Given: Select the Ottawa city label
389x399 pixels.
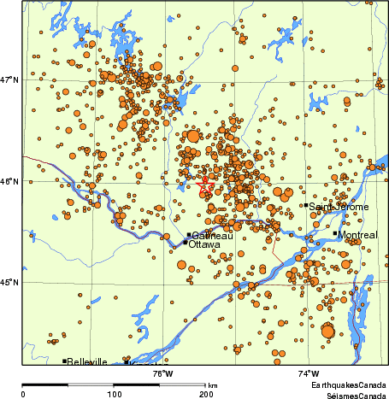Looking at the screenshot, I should pyautogui.click(x=203, y=244).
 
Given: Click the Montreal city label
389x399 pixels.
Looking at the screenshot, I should pyautogui.click(x=357, y=234).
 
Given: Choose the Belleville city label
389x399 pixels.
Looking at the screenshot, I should pyautogui.click(x=87, y=361).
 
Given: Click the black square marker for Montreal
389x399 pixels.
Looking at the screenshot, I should pyautogui.click(x=335, y=232).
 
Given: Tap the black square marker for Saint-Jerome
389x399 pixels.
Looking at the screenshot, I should pyautogui.click(x=305, y=205).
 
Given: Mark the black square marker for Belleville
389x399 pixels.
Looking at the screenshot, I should pyautogui.click(x=64, y=361).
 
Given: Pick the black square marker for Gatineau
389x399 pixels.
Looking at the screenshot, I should pyautogui.click(x=189, y=234).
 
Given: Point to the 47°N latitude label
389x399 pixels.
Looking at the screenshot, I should pyautogui.click(x=9, y=80).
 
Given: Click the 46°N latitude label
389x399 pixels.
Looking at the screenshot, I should pyautogui.click(x=9, y=181).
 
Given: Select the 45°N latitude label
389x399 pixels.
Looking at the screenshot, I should pyautogui.click(x=9, y=283).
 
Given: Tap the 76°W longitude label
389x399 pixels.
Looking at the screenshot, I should pyautogui.click(x=162, y=373).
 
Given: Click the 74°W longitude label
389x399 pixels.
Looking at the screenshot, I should pyautogui.click(x=309, y=373).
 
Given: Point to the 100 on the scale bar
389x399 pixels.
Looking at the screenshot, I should pyautogui.click(x=114, y=394).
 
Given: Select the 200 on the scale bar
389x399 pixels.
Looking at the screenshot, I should pyautogui.click(x=205, y=394).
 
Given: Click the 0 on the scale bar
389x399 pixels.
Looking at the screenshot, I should pyautogui.click(x=22, y=394).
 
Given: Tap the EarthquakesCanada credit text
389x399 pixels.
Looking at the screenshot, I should pyautogui.click(x=347, y=386).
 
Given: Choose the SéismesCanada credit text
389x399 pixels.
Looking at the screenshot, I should pyautogui.click(x=350, y=395).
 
